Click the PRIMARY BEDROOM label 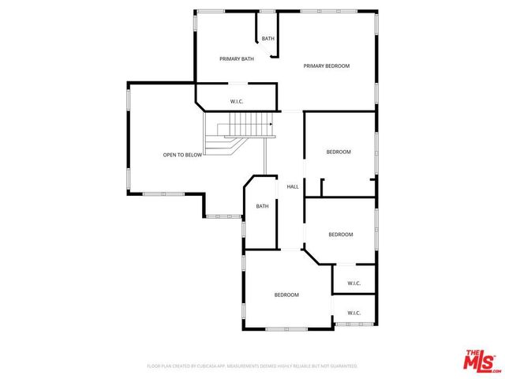(x=326, y=66)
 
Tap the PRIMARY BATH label (x=237, y=58)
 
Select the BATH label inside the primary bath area (x=268, y=39)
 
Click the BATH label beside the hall (x=263, y=206)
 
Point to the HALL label (x=293, y=186)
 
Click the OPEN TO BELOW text (x=183, y=155)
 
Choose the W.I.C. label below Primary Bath (x=237, y=101)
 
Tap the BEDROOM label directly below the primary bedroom (x=339, y=152)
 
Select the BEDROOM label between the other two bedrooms (x=340, y=235)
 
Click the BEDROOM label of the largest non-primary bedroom (x=286, y=295)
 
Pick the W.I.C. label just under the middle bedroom (x=353, y=283)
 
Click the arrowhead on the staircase (x=271, y=124)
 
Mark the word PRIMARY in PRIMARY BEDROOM (x=314, y=66)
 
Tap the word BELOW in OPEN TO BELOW (x=194, y=155)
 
